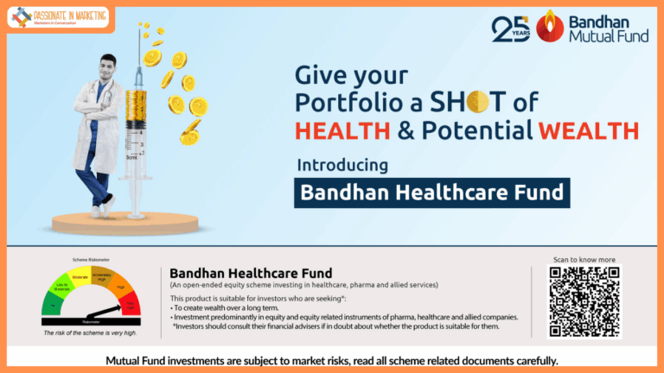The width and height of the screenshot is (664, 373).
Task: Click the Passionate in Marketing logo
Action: coord(58,16)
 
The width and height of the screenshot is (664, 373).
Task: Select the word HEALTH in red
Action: coord(336,130)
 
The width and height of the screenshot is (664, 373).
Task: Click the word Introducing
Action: coord(342,164)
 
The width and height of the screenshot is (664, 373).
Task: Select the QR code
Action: coord(584,300)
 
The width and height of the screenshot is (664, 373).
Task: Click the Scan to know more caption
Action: coord(584,259)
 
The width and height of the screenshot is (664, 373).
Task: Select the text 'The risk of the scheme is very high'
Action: coord(90,332)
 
